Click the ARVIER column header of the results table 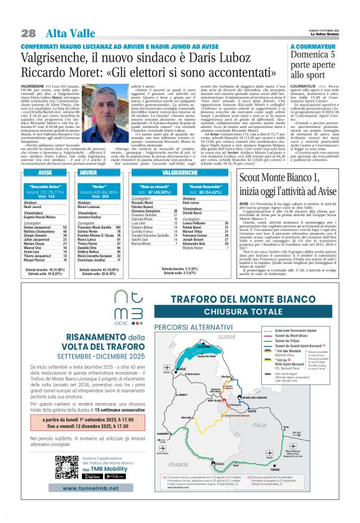(x=89, y=172)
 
